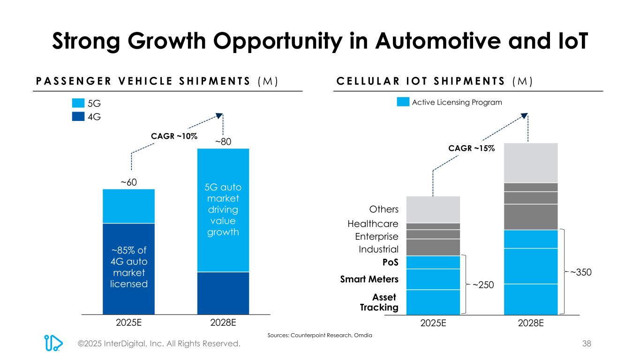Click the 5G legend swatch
pyautogui.click(x=78, y=103)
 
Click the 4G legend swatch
pyautogui.click(x=78, y=116)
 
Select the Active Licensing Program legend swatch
pyautogui.click(x=403, y=102)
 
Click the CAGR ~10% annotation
pyautogui.click(x=174, y=136)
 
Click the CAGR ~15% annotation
pyautogui.click(x=472, y=148)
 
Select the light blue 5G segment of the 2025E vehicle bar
pyautogui.click(x=128, y=206)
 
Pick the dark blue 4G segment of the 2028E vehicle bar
pyautogui.click(x=223, y=292)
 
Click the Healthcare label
pyautogui.click(x=373, y=224)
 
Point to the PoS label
pyautogui.click(x=390, y=262)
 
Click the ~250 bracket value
pyautogui.click(x=483, y=285)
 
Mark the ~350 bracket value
pyautogui.click(x=580, y=272)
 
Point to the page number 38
pyautogui.click(x=587, y=344)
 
